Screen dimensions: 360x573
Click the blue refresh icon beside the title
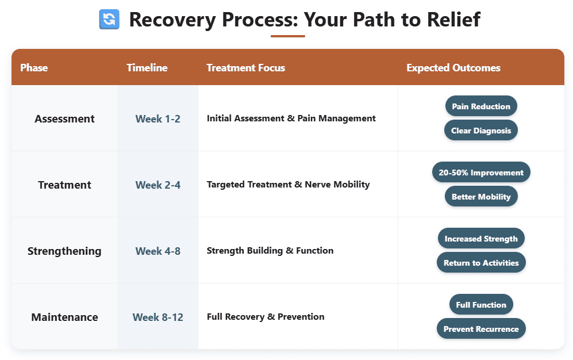click(x=109, y=20)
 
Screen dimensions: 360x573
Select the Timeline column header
click(x=147, y=68)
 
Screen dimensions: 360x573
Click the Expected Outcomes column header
click(x=453, y=68)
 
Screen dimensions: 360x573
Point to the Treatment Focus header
click(x=245, y=68)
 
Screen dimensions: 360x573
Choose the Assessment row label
click(x=64, y=119)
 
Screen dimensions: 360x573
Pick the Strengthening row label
click(x=64, y=251)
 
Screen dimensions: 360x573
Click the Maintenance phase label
click(x=64, y=317)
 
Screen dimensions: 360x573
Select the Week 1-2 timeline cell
click(x=158, y=119)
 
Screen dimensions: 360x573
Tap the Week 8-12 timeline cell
click(x=158, y=317)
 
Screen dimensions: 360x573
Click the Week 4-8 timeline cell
click(x=158, y=251)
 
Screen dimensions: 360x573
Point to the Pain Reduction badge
click(x=481, y=106)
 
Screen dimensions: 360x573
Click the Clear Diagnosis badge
click(x=481, y=131)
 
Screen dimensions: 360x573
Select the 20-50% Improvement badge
click(x=481, y=173)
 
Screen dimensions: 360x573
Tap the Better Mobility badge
click(x=481, y=197)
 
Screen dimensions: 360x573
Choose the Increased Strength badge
click(x=481, y=239)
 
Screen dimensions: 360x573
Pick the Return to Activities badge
click(x=481, y=263)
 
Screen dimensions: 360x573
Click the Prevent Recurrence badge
click(x=481, y=329)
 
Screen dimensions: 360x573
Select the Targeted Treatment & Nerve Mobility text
click(x=288, y=185)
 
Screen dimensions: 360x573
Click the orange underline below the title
click(x=287, y=36)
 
